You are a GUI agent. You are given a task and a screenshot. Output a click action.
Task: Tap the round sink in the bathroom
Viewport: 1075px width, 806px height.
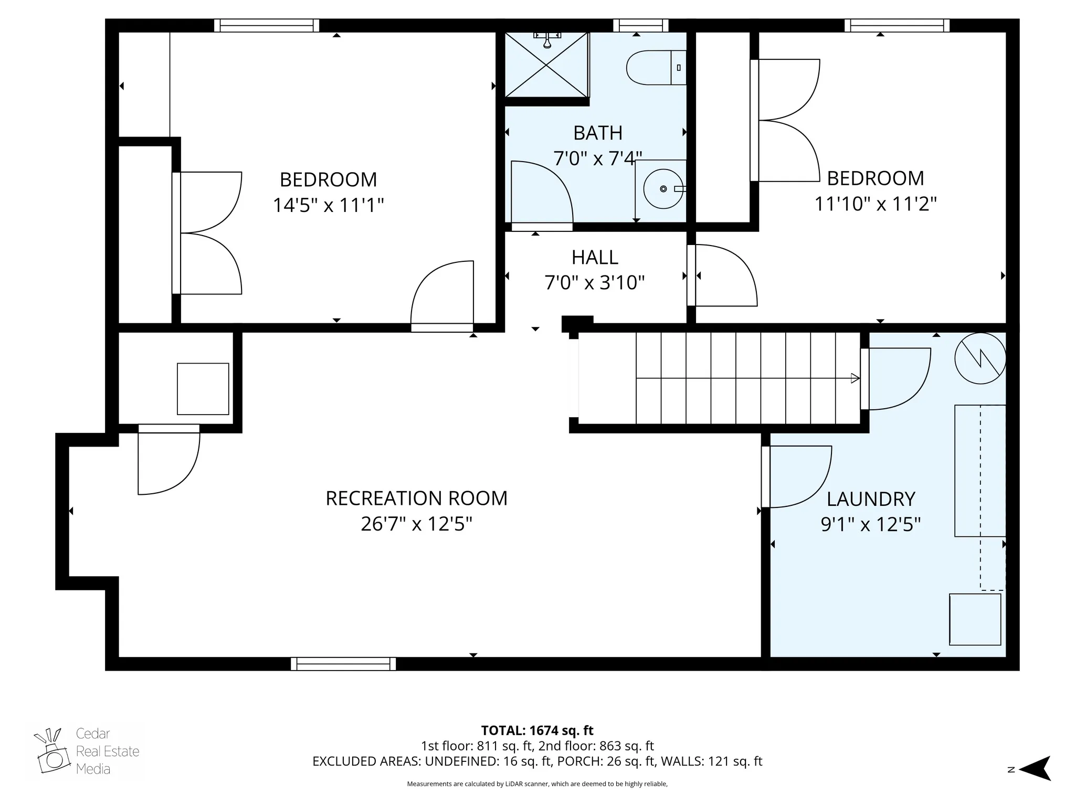(663, 188)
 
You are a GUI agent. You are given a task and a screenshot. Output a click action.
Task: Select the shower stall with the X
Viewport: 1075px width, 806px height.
(546, 65)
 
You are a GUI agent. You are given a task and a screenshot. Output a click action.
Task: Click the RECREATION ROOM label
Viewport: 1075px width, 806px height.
(416, 499)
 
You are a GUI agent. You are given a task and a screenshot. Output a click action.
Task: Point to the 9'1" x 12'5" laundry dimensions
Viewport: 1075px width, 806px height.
(870, 524)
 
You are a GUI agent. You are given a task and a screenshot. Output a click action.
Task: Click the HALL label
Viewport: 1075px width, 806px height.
(594, 258)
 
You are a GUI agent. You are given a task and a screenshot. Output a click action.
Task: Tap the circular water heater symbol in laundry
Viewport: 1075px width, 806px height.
(979, 358)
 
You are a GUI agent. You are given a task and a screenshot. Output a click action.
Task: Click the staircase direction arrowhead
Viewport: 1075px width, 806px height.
(855, 378)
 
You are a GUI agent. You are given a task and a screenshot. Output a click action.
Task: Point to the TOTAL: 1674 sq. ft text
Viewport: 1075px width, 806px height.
(537, 730)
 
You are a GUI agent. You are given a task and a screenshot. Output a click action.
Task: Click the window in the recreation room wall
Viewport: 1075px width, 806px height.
(343, 664)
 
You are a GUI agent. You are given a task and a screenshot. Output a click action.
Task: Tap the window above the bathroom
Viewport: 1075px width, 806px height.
(640, 25)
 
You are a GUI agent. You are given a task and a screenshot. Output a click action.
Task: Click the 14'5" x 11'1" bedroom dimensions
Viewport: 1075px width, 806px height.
(328, 205)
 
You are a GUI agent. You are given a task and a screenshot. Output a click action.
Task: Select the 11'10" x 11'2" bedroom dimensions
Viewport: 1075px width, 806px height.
(875, 204)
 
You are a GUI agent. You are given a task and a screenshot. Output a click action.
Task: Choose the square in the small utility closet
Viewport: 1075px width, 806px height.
(203, 389)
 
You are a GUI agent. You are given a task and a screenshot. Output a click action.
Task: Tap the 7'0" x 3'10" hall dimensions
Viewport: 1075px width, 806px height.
(594, 283)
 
